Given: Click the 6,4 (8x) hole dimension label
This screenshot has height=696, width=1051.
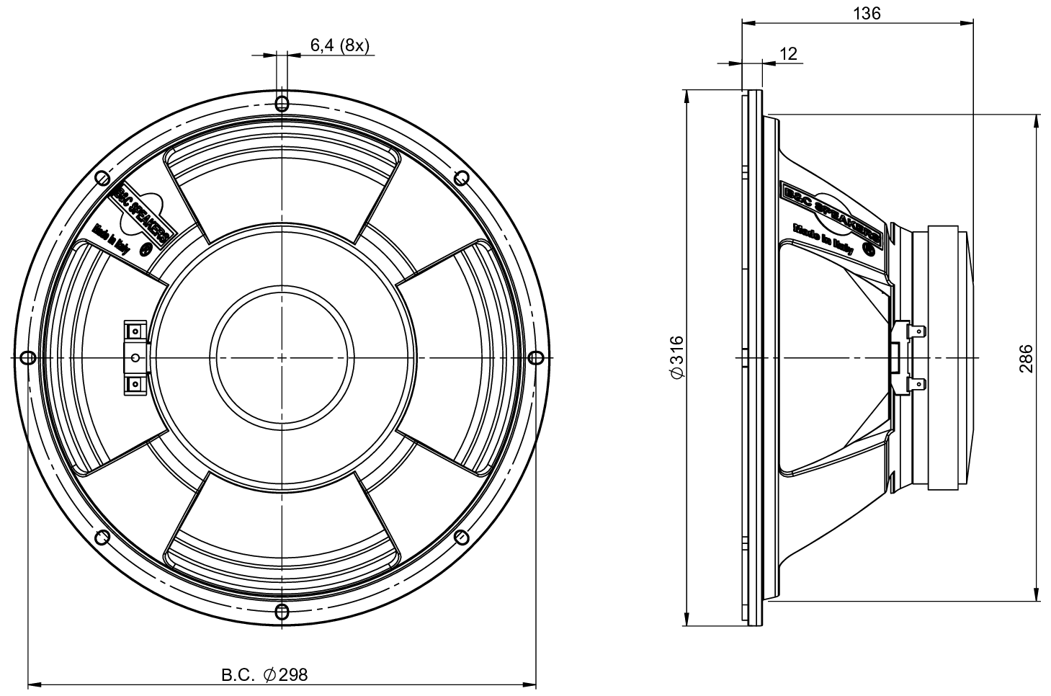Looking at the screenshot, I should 339,45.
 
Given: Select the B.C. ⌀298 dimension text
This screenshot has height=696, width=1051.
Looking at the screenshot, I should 264,674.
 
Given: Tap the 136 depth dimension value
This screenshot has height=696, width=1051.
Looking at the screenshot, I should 867,13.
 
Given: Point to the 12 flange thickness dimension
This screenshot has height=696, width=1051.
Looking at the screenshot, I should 789,54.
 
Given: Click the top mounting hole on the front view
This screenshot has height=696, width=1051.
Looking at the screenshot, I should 282,101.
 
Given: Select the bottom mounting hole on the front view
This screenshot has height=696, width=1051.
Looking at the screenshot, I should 282,612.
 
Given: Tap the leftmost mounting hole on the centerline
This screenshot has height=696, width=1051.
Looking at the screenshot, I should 27,357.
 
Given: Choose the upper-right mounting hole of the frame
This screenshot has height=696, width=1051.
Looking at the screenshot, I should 461,177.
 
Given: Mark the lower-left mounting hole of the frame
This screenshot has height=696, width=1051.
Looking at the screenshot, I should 102,537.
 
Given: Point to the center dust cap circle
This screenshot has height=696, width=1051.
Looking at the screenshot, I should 282,357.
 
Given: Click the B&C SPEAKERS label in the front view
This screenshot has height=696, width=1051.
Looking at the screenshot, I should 142,214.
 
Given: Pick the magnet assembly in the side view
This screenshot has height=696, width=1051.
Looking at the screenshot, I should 947,357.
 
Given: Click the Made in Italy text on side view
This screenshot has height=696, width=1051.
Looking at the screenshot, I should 823,239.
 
